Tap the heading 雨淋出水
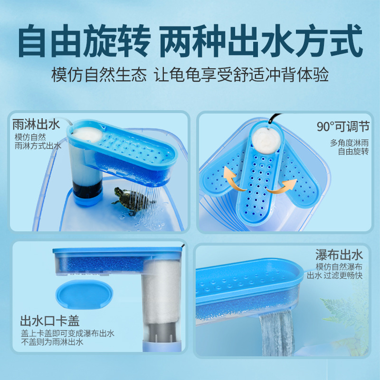(37, 124)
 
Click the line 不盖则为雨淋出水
(52, 342)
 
